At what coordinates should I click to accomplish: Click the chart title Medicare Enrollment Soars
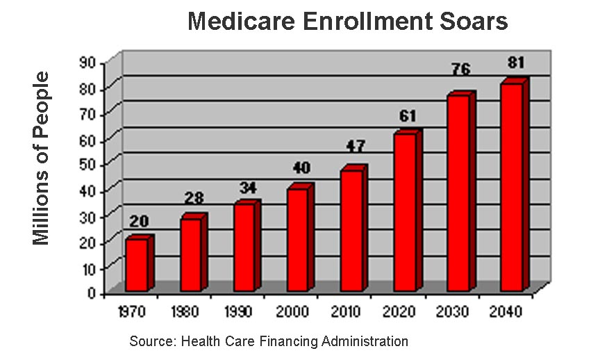click(x=348, y=22)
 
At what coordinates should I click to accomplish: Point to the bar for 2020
click(x=404, y=211)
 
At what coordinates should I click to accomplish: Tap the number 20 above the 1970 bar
click(x=138, y=222)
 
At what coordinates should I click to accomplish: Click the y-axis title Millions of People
click(x=42, y=158)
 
